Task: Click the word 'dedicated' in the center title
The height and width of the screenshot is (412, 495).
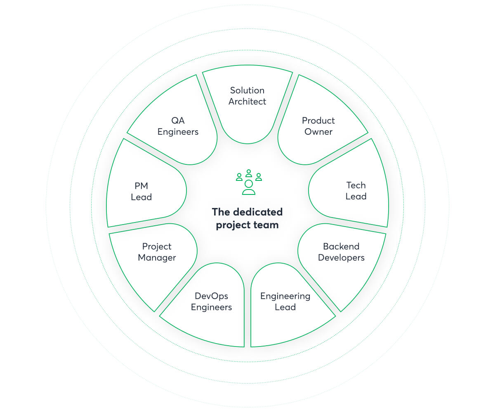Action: [x=258, y=212]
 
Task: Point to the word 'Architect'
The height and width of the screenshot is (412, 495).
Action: [x=247, y=101]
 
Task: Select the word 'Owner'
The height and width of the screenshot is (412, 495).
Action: [x=318, y=132]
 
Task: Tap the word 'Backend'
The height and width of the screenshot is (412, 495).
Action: [x=341, y=246]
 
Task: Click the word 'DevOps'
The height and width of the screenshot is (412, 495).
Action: [x=211, y=296]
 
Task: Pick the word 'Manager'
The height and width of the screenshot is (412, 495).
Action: [x=157, y=257]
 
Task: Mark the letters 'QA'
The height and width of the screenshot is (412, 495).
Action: [x=178, y=121]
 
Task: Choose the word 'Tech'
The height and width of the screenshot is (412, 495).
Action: [x=356, y=185]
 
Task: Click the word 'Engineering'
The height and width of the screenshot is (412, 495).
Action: [x=285, y=296]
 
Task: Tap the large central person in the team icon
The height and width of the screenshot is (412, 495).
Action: [x=249, y=187]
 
